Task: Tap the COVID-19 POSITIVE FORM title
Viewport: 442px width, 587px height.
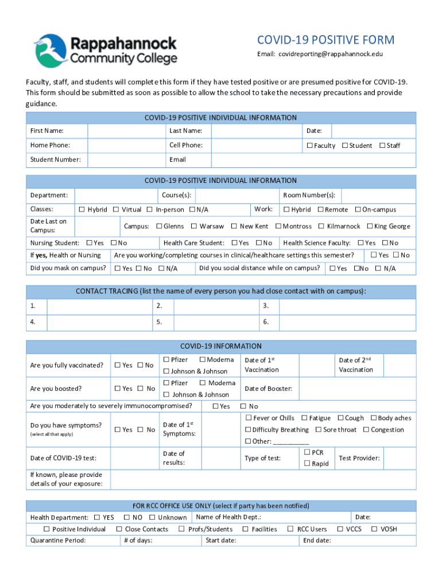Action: coord(325,40)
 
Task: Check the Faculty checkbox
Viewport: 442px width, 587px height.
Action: coord(309,146)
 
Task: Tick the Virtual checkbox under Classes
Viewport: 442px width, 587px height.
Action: coord(116,210)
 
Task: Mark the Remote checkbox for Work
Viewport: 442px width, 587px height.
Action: coord(320,210)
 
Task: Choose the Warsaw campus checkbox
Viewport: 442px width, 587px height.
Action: coord(194,226)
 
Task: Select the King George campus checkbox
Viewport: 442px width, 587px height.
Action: coord(370,226)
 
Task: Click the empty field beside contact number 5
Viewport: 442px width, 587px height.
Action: coord(215,322)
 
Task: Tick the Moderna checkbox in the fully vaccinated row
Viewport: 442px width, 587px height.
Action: coord(203,360)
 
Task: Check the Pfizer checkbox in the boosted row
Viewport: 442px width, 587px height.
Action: coord(166,383)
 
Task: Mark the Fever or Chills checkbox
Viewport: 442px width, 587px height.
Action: coord(249,418)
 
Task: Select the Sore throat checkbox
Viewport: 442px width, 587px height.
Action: coord(319,429)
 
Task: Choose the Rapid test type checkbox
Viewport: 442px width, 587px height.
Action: coord(307,463)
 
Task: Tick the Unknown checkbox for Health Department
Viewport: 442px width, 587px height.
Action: coord(153,518)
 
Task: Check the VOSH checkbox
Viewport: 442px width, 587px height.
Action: coord(375,529)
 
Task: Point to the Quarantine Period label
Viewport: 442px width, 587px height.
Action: coord(58,540)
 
